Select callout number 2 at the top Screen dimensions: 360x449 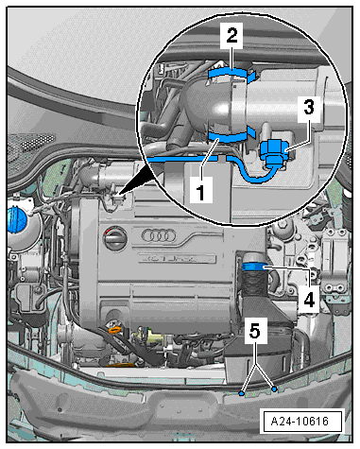pyautogui.click(x=231, y=35)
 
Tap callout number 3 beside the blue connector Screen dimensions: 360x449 pyautogui.click(x=309, y=107)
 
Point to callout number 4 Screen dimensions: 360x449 pyautogui.click(x=309, y=300)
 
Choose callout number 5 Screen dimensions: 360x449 pyautogui.click(x=255, y=331)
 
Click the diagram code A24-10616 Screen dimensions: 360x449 pyautogui.click(x=300, y=422)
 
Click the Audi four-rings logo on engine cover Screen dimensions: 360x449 pyautogui.click(x=159, y=235)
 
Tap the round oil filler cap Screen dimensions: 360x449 pyautogui.click(x=115, y=238)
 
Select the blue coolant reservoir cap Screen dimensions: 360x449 pyautogui.click(x=17, y=219)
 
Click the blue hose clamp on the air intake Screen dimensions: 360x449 pyautogui.click(x=254, y=268)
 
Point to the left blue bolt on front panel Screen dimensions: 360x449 pyautogui.click(x=242, y=393)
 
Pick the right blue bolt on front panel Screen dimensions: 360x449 pyautogui.click(x=275, y=389)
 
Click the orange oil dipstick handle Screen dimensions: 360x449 pyautogui.click(x=114, y=330)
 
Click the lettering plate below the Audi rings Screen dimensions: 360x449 pyautogui.click(x=178, y=259)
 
